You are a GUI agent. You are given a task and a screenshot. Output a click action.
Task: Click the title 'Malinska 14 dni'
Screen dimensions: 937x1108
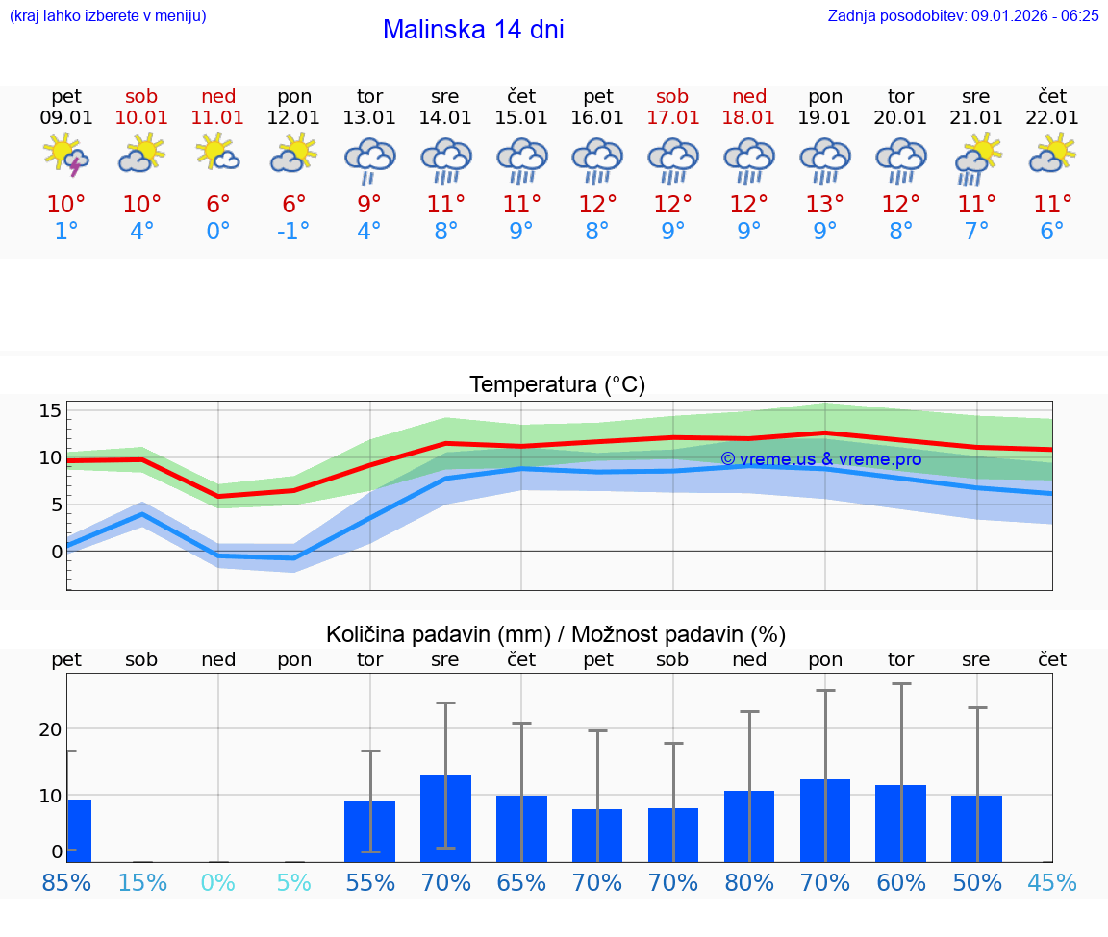point(473,30)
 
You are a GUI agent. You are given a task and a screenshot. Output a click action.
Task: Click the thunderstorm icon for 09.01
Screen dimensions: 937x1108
point(66,155)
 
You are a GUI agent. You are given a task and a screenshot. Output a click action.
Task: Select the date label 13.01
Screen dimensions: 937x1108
point(369,118)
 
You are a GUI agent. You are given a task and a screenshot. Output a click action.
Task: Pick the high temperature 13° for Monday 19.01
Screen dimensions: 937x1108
point(824,205)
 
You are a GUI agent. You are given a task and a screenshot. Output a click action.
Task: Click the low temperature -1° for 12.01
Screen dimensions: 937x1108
point(293,232)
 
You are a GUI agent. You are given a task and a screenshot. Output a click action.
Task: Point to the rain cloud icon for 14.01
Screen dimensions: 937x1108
point(445,160)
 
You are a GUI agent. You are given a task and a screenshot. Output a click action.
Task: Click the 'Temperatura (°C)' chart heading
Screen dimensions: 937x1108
point(557,384)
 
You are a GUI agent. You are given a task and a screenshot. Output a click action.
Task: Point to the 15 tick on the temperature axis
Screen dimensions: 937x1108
point(50,411)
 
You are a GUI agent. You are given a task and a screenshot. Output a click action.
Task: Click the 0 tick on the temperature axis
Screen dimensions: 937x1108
point(56,552)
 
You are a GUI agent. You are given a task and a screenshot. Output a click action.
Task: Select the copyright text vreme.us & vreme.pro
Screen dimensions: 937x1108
point(820,459)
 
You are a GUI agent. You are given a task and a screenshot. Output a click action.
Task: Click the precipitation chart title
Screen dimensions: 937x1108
point(556,634)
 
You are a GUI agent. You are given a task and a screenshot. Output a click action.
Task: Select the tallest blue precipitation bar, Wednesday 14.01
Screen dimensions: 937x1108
point(445,818)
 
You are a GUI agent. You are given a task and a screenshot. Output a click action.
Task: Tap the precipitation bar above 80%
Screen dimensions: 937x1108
point(749,826)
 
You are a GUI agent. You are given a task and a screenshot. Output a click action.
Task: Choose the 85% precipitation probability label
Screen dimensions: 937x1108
point(66,882)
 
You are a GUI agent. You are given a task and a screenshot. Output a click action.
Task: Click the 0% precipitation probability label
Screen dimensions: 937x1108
point(218,882)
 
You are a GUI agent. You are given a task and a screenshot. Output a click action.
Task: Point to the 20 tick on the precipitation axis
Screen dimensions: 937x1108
point(50,728)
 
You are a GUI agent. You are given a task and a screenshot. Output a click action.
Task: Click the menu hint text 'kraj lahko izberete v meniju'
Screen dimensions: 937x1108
point(108,15)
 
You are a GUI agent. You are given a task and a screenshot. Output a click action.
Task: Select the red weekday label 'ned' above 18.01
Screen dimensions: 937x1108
point(749,96)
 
